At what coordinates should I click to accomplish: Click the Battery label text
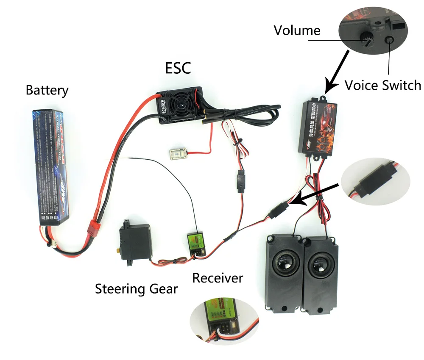tap(47, 90)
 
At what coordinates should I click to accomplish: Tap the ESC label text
tap(178, 67)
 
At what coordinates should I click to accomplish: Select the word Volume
tap(297, 30)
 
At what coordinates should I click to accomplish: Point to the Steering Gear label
tap(136, 289)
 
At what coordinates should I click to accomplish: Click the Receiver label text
tap(218, 278)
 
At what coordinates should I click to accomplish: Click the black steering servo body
tap(133, 241)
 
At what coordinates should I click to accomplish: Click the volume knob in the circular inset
tap(366, 39)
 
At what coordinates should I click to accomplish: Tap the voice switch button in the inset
tap(389, 40)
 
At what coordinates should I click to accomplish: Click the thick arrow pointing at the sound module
tap(337, 72)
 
